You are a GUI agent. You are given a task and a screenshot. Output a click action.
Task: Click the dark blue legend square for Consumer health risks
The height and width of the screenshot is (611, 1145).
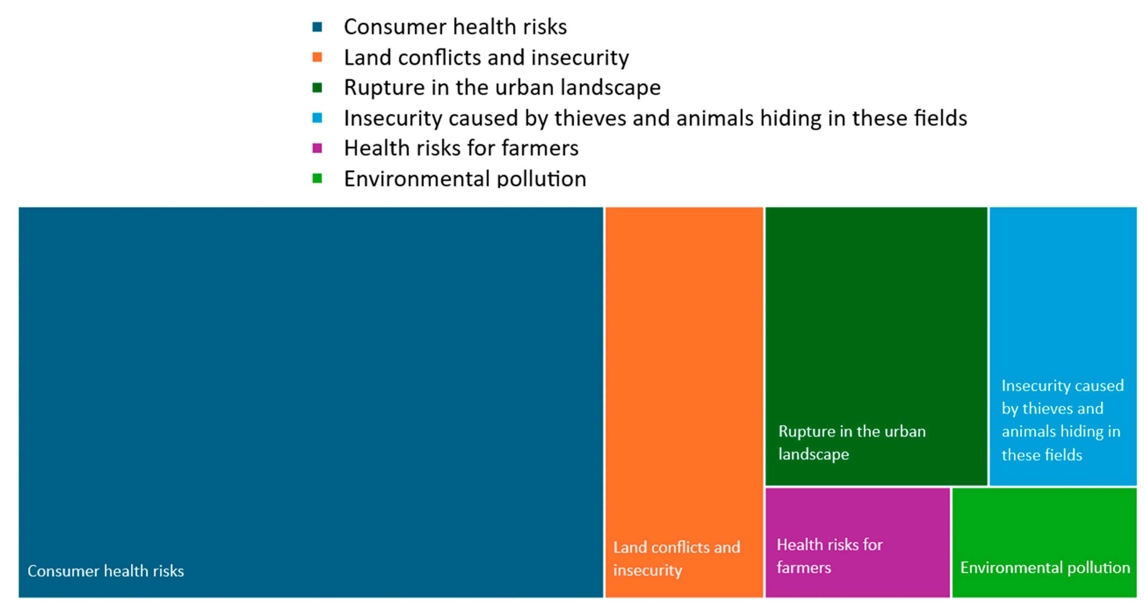317,27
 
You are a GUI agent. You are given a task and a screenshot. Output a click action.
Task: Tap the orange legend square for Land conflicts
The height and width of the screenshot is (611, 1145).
317,57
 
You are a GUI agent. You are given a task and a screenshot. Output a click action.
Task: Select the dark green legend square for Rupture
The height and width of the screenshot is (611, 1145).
317,88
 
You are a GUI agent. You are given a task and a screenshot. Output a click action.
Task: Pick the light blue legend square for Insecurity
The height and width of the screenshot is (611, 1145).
317,118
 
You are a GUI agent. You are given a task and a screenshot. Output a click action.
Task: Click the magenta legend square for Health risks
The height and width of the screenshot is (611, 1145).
317,148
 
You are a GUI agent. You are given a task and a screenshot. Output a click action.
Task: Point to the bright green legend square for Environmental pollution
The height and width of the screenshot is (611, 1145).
317,178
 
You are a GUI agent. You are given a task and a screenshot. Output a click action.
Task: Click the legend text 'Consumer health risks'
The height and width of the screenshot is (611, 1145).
455,27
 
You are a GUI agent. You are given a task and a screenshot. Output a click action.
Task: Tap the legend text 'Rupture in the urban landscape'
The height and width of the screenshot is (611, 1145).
502,88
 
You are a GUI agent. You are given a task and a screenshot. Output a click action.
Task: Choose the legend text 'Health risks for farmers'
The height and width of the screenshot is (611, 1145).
461,148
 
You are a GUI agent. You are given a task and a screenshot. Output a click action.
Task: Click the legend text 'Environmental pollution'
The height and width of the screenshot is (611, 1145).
465,179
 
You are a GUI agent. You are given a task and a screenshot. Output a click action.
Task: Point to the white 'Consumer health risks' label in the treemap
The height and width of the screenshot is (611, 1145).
106,571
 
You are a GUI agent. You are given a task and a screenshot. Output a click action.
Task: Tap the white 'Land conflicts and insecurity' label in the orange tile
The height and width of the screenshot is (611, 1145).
676,558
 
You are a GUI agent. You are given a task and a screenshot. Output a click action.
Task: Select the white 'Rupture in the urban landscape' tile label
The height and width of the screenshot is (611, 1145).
852,442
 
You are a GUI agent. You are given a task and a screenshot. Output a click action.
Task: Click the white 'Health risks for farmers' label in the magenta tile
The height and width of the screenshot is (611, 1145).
830,556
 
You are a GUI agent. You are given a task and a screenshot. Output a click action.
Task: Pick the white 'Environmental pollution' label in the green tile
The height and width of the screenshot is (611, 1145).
1045,568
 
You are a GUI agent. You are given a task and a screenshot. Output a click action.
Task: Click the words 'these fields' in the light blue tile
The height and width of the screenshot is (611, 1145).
1042,455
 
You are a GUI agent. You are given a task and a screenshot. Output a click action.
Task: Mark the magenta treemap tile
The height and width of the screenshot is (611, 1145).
857,542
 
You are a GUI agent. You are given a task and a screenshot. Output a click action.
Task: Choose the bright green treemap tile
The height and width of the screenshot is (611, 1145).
1045,542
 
